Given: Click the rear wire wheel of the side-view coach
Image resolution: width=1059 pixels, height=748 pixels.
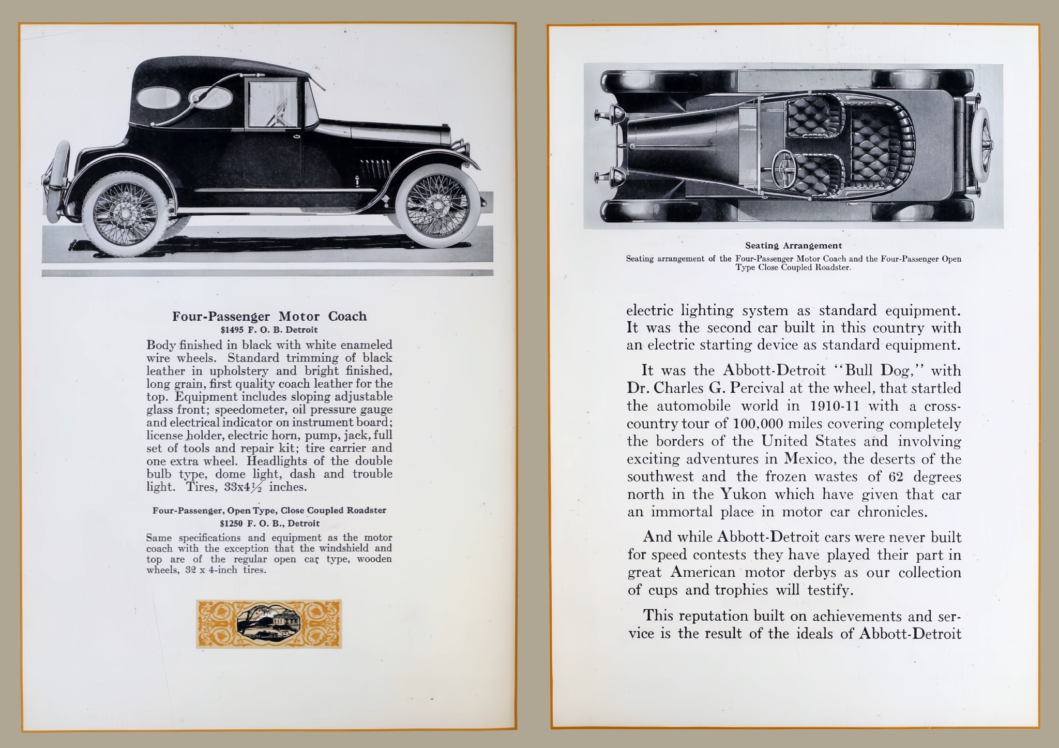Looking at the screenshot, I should coord(126,215).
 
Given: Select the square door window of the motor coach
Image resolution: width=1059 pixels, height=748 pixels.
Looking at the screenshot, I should coord(273,104).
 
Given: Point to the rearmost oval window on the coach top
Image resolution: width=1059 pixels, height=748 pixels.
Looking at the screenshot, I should coord(155,97).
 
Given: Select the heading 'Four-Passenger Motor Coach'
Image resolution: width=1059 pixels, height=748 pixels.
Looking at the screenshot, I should coord(269,316).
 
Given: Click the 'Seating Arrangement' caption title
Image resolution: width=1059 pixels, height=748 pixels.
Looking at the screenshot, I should coord(793,246).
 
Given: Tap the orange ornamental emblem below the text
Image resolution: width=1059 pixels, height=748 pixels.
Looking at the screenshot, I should coord(269,624).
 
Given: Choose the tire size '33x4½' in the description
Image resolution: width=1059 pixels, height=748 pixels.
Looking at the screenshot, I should coord(245,487).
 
